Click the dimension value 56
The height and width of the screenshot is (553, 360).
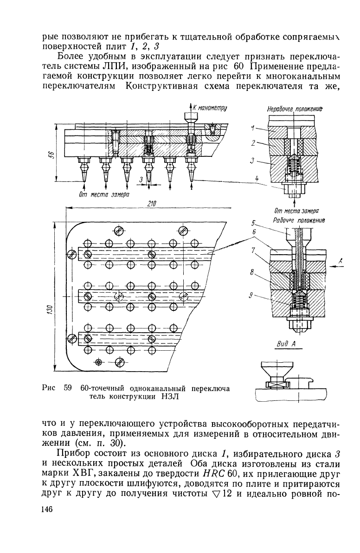(51, 154)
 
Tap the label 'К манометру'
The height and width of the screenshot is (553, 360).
(210, 108)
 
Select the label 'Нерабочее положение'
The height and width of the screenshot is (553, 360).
(295, 109)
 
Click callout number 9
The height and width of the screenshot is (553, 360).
(251, 296)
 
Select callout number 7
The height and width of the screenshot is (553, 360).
(253, 250)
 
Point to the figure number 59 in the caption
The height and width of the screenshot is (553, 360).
(68, 388)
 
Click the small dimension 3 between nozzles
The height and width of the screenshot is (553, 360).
(140, 180)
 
